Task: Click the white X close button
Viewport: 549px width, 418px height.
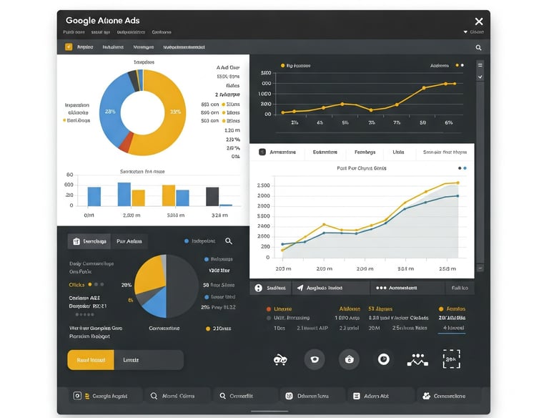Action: pos(479,21)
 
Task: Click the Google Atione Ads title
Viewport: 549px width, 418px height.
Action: pos(102,21)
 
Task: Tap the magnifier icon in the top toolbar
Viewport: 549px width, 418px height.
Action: pos(478,47)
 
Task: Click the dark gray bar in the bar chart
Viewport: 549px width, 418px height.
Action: pos(212,196)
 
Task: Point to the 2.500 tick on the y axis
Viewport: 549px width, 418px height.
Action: pos(262,185)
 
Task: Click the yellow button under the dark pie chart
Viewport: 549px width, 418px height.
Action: pos(91,360)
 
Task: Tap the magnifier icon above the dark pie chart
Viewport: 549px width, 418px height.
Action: pos(229,241)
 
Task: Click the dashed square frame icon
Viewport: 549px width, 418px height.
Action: pos(451,359)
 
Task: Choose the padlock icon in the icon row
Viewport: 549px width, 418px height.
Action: pos(349,359)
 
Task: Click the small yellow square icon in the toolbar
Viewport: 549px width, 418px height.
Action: pos(69,47)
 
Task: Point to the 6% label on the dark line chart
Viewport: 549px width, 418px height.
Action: pos(448,123)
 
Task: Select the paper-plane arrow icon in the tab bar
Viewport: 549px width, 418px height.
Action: pos(299,288)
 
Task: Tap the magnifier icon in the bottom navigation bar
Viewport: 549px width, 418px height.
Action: pos(154,396)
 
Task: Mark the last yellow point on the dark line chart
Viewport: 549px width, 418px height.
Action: pos(455,83)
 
